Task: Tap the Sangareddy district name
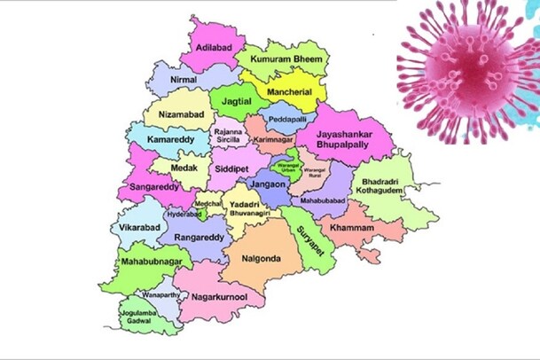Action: [154, 188]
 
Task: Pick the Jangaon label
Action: [267, 184]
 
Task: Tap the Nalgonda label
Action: [255, 258]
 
